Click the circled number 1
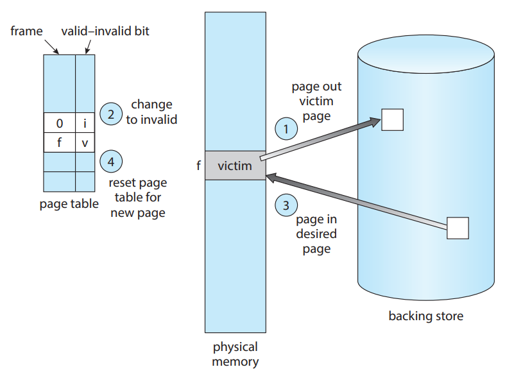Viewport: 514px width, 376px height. tap(286, 128)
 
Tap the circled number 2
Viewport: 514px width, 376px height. tap(111, 115)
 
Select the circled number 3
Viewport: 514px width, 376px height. tap(286, 205)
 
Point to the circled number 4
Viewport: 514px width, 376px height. tap(111, 162)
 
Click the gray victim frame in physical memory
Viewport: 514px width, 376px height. tap(235, 166)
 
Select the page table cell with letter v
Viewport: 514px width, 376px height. tap(85, 142)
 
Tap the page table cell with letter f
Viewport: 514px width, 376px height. tap(59, 142)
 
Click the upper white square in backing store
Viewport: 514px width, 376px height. tap(392, 119)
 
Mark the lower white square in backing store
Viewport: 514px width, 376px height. tap(458, 228)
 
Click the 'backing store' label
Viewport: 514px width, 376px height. tap(425, 316)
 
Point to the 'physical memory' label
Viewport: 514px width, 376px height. tap(235, 354)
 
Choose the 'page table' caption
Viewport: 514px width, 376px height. tap(69, 205)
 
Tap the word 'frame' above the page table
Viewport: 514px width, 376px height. tap(26, 31)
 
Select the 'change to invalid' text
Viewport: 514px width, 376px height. tap(151, 112)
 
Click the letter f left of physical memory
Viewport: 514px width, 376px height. tap(198, 166)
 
